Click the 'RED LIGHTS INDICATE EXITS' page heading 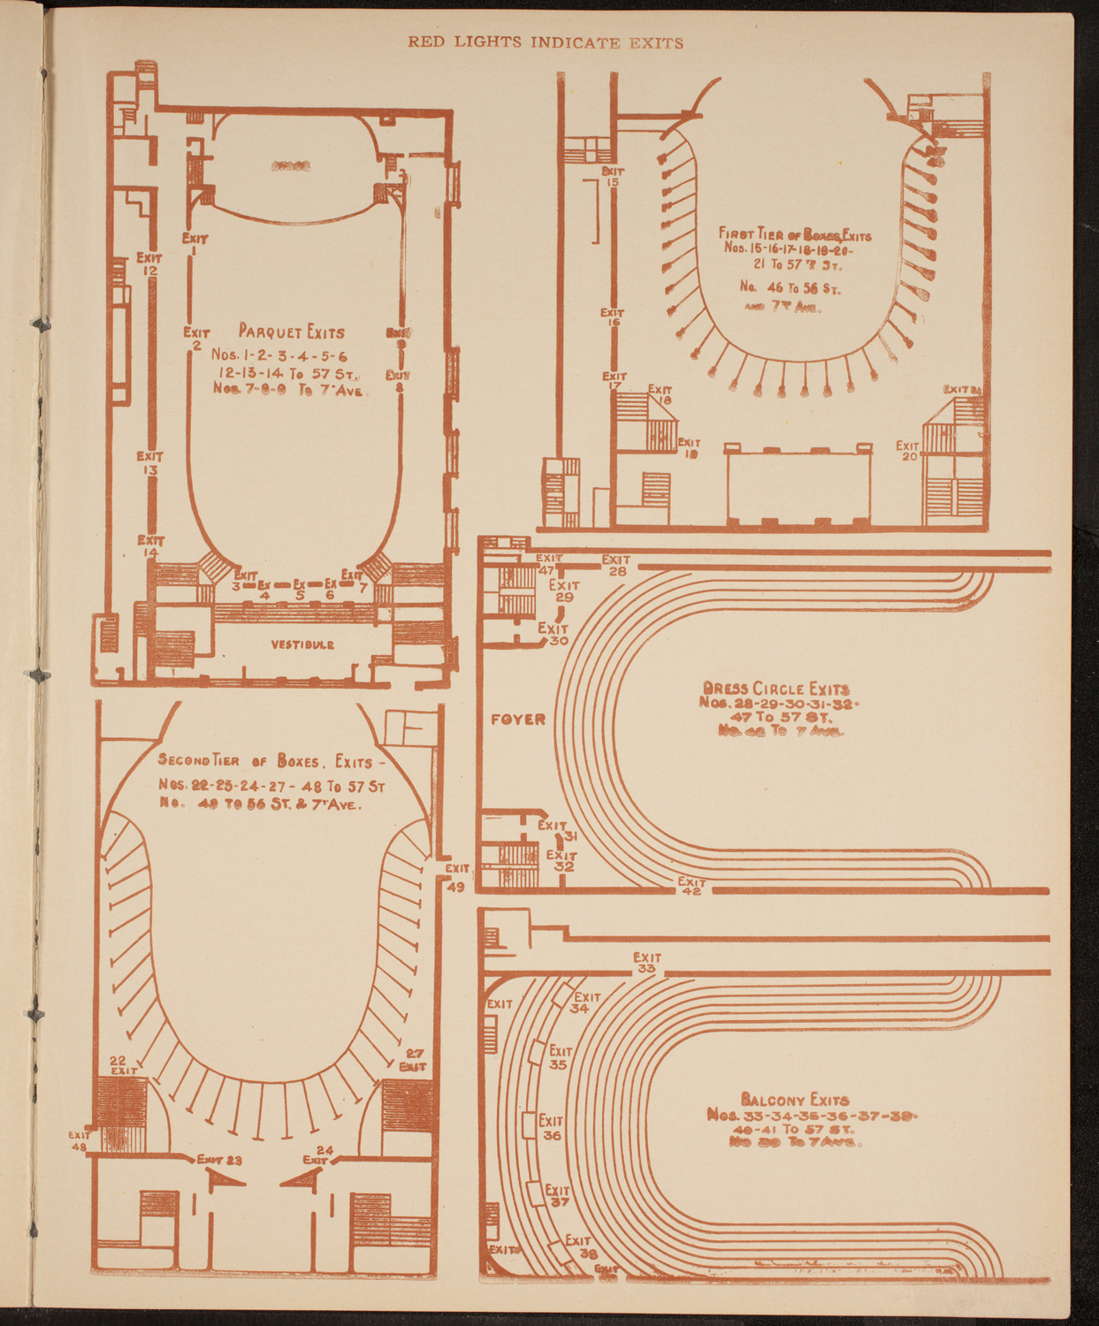546,42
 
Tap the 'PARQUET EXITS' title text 291,332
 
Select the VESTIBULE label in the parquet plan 302,644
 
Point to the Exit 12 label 149,263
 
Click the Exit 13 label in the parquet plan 149,463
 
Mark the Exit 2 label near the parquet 196,338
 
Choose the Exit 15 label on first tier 613,176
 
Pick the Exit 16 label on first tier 612,317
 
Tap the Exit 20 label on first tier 908,451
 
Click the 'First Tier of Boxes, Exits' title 796,235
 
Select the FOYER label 518,720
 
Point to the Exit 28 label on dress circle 616,565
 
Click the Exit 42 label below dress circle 691,886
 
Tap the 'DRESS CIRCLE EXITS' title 775,688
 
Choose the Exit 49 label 457,878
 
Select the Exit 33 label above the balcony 646,963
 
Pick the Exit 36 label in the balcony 551,1127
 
